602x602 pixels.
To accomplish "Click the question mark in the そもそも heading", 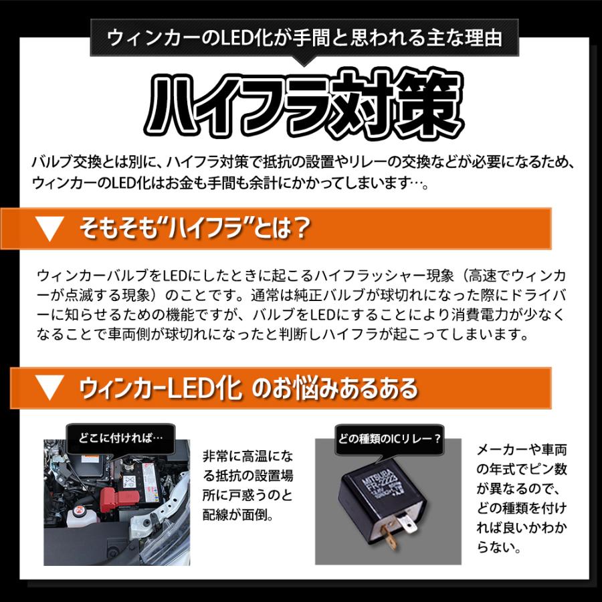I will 300,229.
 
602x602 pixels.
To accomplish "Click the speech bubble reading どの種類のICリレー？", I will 388,439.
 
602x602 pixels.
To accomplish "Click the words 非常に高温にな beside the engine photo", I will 247,457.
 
